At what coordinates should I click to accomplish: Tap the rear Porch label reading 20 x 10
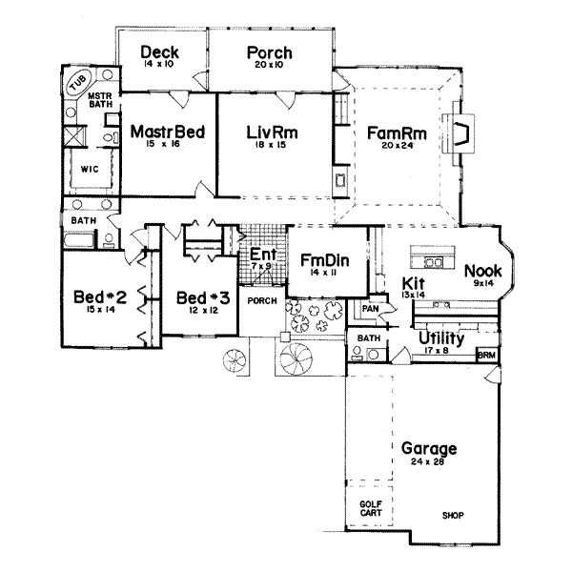pyautogui.click(x=269, y=52)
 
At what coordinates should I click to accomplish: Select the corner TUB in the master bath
pyautogui.click(x=75, y=83)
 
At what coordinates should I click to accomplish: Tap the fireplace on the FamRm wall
pyautogui.click(x=464, y=133)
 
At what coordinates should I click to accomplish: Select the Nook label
pyautogui.click(x=483, y=270)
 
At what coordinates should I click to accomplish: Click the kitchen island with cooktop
pyautogui.click(x=428, y=258)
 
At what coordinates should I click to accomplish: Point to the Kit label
pyautogui.click(x=412, y=283)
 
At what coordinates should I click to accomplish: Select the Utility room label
pyautogui.click(x=439, y=338)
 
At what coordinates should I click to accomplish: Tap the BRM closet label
pyautogui.click(x=487, y=352)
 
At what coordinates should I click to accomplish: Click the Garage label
pyautogui.click(x=428, y=448)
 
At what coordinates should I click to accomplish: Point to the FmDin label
pyautogui.click(x=317, y=260)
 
